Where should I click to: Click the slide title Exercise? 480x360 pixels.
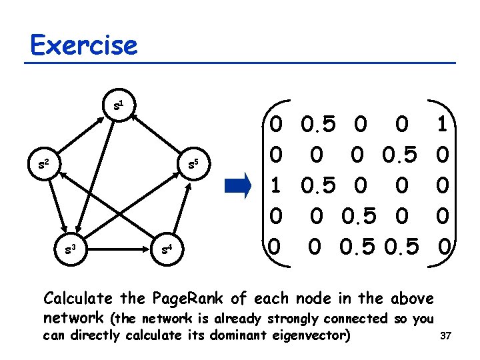click(x=84, y=45)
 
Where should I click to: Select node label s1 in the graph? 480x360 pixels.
click(x=117, y=105)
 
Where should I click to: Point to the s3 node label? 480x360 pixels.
click(x=68, y=250)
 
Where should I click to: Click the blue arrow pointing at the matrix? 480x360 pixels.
click(x=237, y=185)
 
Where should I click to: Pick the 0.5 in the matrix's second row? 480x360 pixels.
click(x=401, y=155)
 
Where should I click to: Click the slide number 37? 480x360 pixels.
click(x=446, y=337)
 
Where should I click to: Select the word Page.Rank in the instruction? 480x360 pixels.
click(x=181, y=298)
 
